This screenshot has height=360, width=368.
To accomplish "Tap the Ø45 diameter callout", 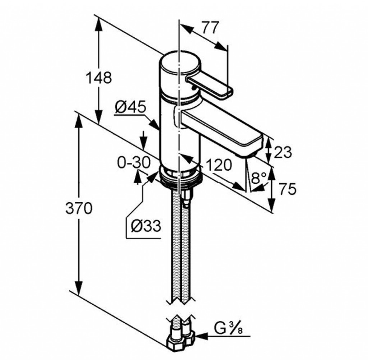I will point(130,107).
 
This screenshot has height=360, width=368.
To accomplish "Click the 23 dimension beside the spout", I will point(282,152).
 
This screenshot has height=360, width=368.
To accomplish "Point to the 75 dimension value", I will point(287,189).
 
